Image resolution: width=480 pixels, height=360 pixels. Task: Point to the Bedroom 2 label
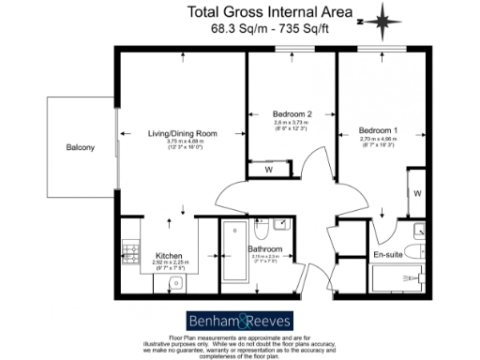(271, 114)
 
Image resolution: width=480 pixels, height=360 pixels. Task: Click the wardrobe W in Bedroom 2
(268, 170)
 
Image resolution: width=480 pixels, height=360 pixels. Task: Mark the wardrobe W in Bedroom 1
(416, 193)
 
